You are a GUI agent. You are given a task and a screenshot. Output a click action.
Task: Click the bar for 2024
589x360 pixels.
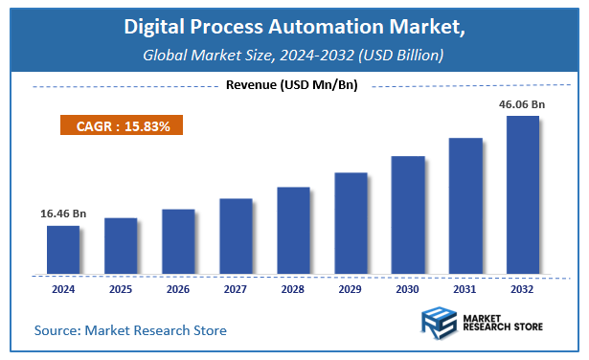63,249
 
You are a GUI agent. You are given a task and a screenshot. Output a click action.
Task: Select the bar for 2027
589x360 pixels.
236,236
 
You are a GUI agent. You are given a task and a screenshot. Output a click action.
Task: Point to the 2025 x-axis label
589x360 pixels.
121,287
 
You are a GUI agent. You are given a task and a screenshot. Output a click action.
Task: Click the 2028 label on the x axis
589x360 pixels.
293,287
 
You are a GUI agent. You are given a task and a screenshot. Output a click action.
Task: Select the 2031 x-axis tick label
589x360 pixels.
465,287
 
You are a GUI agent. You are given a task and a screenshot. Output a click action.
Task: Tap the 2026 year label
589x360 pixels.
178,287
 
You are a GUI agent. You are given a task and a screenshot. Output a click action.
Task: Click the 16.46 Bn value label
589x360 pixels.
63,214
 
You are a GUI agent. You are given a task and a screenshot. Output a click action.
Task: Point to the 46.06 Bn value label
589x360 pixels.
523,104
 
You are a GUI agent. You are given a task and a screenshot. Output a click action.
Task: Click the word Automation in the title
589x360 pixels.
353,30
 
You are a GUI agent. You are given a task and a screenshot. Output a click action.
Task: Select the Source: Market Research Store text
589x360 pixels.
131,331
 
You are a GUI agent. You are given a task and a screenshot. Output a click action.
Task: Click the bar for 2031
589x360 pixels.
465,205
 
